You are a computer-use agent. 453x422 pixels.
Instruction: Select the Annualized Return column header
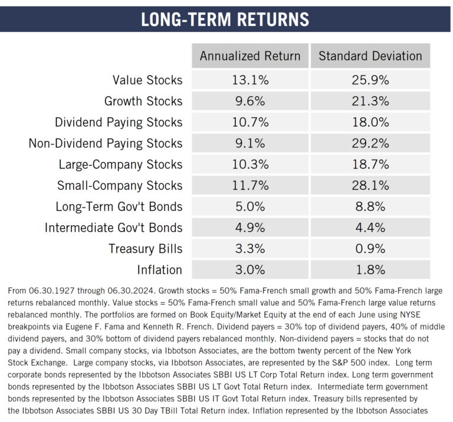click(250, 56)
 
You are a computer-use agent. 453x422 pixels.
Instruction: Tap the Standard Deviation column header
click(370, 56)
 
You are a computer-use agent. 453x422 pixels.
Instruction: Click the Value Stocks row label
click(147, 80)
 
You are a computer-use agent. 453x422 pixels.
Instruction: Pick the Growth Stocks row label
click(143, 101)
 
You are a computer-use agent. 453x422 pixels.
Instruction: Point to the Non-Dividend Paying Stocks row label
click(106, 143)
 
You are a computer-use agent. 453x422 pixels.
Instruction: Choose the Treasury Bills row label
click(146, 249)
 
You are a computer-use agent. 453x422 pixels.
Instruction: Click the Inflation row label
click(159, 270)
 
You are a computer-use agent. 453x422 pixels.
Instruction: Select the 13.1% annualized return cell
click(250, 80)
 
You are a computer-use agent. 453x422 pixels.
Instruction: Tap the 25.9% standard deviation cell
click(370, 80)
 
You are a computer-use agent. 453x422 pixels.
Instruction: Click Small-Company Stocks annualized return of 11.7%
click(250, 186)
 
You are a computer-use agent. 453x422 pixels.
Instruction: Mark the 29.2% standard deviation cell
click(370, 143)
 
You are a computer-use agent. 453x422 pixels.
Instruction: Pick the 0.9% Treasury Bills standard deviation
click(370, 249)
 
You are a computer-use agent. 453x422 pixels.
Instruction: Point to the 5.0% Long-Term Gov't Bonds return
click(250, 207)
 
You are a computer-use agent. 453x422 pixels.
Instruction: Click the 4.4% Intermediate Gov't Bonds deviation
click(370, 228)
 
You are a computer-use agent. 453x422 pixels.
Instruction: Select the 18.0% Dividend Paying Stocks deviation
click(370, 122)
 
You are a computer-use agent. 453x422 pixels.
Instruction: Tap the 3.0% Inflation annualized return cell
click(250, 270)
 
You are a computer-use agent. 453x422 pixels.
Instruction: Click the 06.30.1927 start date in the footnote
click(52, 291)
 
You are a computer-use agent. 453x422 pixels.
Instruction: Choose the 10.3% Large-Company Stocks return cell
click(250, 164)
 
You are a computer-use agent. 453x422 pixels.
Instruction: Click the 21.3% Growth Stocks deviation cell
click(370, 101)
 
